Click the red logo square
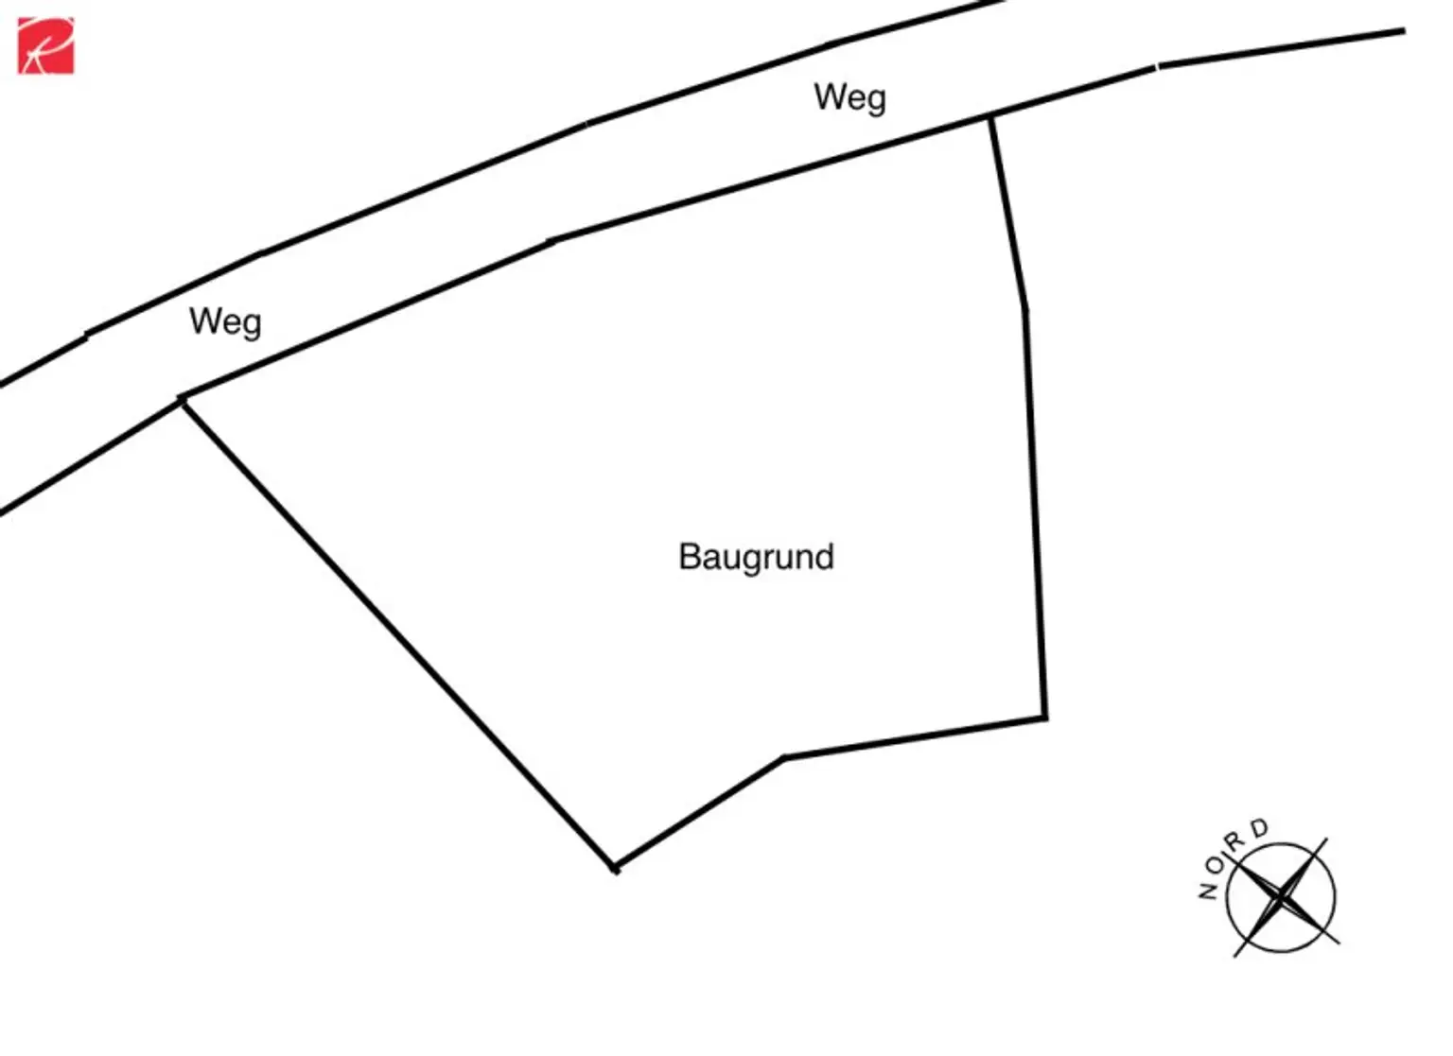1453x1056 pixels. (x=45, y=45)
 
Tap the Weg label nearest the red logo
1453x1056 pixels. (x=226, y=322)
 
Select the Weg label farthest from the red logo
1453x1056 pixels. (x=849, y=98)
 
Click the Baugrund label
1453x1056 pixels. (x=757, y=557)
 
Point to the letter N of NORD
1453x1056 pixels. (x=1208, y=891)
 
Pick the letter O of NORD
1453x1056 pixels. (x=1216, y=865)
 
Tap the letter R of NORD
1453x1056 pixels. (x=1234, y=842)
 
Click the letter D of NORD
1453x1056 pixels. (x=1259, y=828)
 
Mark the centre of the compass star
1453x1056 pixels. (x=1281, y=898)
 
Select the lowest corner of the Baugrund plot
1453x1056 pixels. (x=616, y=870)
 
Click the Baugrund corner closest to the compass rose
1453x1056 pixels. (x=1045, y=718)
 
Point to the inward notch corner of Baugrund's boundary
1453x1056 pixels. (x=783, y=757)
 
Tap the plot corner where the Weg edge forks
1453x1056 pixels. (x=183, y=398)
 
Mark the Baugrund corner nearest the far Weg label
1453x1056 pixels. (x=989, y=117)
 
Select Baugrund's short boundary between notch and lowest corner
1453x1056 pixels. (x=699, y=814)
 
